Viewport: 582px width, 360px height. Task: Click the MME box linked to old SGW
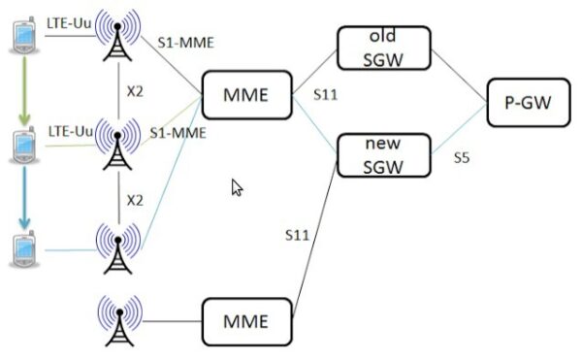(x=246, y=95)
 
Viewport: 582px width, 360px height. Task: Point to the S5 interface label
(x=463, y=157)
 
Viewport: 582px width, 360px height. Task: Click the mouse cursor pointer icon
(x=236, y=187)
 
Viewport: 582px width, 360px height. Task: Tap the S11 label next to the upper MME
(x=324, y=95)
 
